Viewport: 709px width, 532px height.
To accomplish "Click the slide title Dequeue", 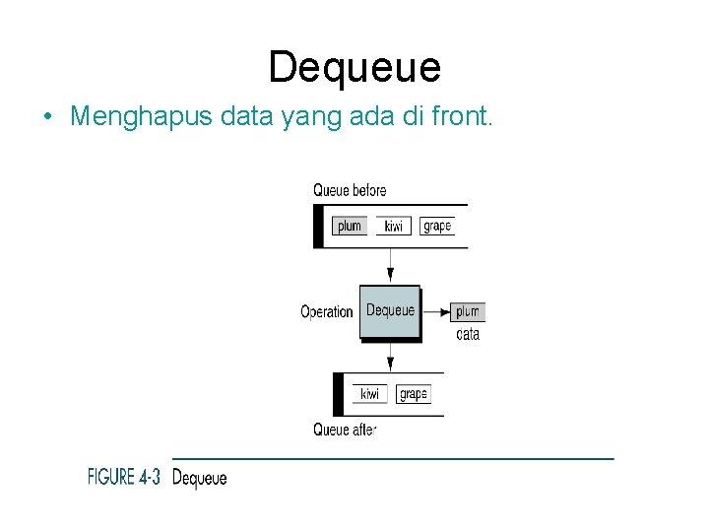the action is [354, 67].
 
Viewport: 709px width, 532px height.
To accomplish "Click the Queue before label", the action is [350, 190].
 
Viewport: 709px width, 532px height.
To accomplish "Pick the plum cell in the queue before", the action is [349, 226].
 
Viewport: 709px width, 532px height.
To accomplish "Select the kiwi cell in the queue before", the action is [393, 226].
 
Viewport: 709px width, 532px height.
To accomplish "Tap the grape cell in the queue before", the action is [436, 226].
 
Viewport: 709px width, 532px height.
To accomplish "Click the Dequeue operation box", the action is [390, 311].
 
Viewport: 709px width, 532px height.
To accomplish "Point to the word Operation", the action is [326, 311].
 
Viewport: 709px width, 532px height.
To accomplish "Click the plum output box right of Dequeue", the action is [468, 311].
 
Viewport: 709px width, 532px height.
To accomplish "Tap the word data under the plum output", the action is [468, 334].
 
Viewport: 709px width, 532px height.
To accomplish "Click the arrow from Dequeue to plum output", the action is [435, 311].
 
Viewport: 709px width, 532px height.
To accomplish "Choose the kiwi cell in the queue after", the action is [369, 394].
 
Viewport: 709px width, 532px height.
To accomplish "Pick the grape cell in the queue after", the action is [414, 394].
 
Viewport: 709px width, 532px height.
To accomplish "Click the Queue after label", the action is [345, 430].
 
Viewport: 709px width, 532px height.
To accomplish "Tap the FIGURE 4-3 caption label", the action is [124, 478].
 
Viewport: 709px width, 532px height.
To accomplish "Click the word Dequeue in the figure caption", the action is [199, 479].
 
